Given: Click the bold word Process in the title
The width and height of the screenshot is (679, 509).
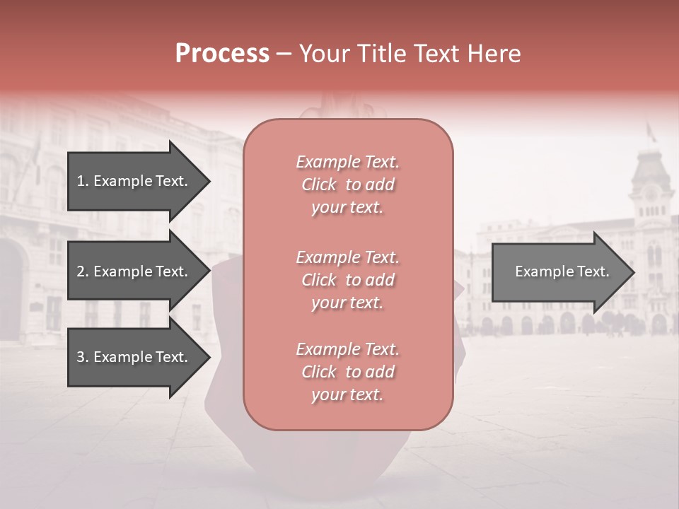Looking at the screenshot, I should pyautogui.click(x=222, y=54).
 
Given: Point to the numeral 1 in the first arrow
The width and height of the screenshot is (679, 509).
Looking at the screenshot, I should pyautogui.click(x=81, y=181).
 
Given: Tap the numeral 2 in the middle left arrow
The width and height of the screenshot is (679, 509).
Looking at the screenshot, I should pyautogui.click(x=81, y=271).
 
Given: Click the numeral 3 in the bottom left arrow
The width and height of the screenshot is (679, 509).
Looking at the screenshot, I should pyautogui.click(x=81, y=357).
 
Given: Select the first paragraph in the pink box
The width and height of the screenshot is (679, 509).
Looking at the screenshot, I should pyautogui.click(x=347, y=185).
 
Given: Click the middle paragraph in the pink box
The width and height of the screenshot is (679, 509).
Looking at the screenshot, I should pyautogui.click(x=347, y=280).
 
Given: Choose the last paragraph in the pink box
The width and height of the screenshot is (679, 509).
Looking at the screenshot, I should pyautogui.click(x=347, y=372).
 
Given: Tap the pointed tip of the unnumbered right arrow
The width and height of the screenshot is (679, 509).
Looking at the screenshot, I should pyautogui.click(x=633, y=272).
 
